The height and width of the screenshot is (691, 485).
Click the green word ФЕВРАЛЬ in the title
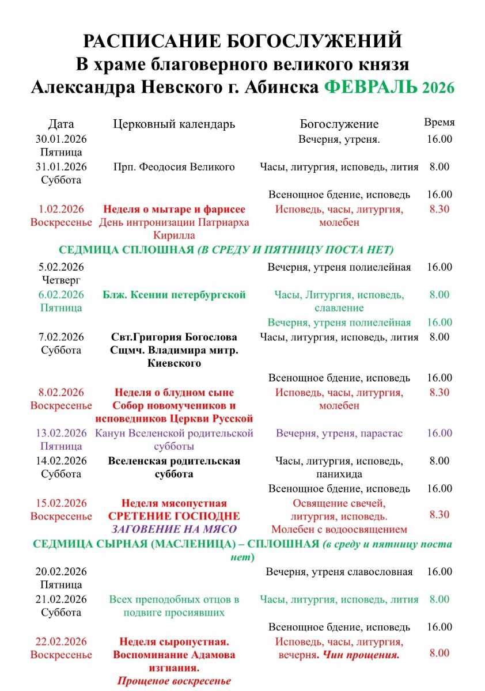click(x=370, y=86)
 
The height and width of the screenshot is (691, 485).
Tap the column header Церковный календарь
click(x=174, y=124)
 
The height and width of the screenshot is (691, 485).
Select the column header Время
click(x=439, y=122)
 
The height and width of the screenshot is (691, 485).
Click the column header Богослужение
click(x=339, y=124)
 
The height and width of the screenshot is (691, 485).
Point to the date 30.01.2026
click(x=61, y=139)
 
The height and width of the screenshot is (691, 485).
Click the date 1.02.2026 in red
click(x=61, y=209)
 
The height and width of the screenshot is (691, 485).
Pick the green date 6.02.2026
click(x=61, y=295)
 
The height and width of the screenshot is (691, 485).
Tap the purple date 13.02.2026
click(x=61, y=433)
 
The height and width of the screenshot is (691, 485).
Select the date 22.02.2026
click(x=61, y=641)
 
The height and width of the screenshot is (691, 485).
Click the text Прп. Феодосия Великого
click(x=174, y=167)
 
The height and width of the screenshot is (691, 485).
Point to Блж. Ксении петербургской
click(x=174, y=295)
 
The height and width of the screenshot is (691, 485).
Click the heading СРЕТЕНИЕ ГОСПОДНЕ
click(x=174, y=516)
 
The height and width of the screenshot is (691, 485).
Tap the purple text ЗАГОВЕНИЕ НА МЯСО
click(x=174, y=529)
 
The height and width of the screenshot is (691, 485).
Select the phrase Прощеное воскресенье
click(x=174, y=681)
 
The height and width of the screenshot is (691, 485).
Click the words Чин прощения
click(x=361, y=655)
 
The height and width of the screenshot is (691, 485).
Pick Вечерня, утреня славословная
click(x=339, y=572)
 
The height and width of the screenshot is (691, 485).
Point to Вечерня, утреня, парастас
click(x=339, y=433)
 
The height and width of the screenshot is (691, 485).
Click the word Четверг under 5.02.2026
click(x=61, y=280)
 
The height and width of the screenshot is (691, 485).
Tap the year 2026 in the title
click(x=438, y=88)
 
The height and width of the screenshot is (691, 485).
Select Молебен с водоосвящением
click(x=339, y=529)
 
